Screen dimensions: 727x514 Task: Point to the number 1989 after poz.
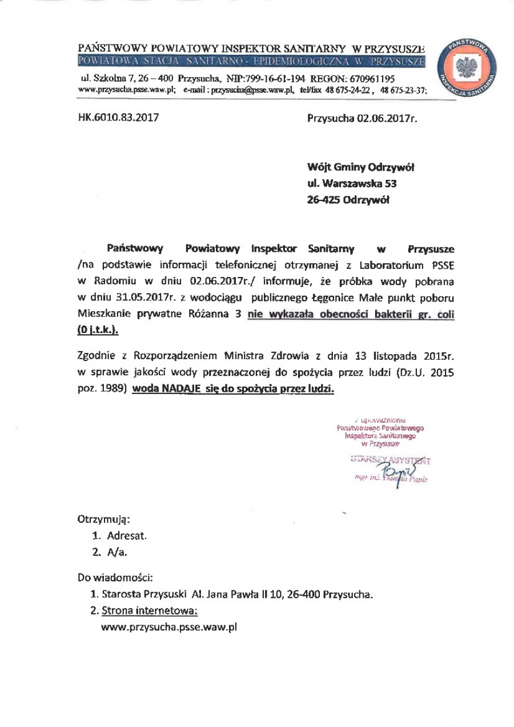coord(109,388)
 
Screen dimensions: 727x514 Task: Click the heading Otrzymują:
coord(103,520)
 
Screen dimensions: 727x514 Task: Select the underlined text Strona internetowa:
coord(150,610)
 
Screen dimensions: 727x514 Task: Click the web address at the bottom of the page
coord(168,627)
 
